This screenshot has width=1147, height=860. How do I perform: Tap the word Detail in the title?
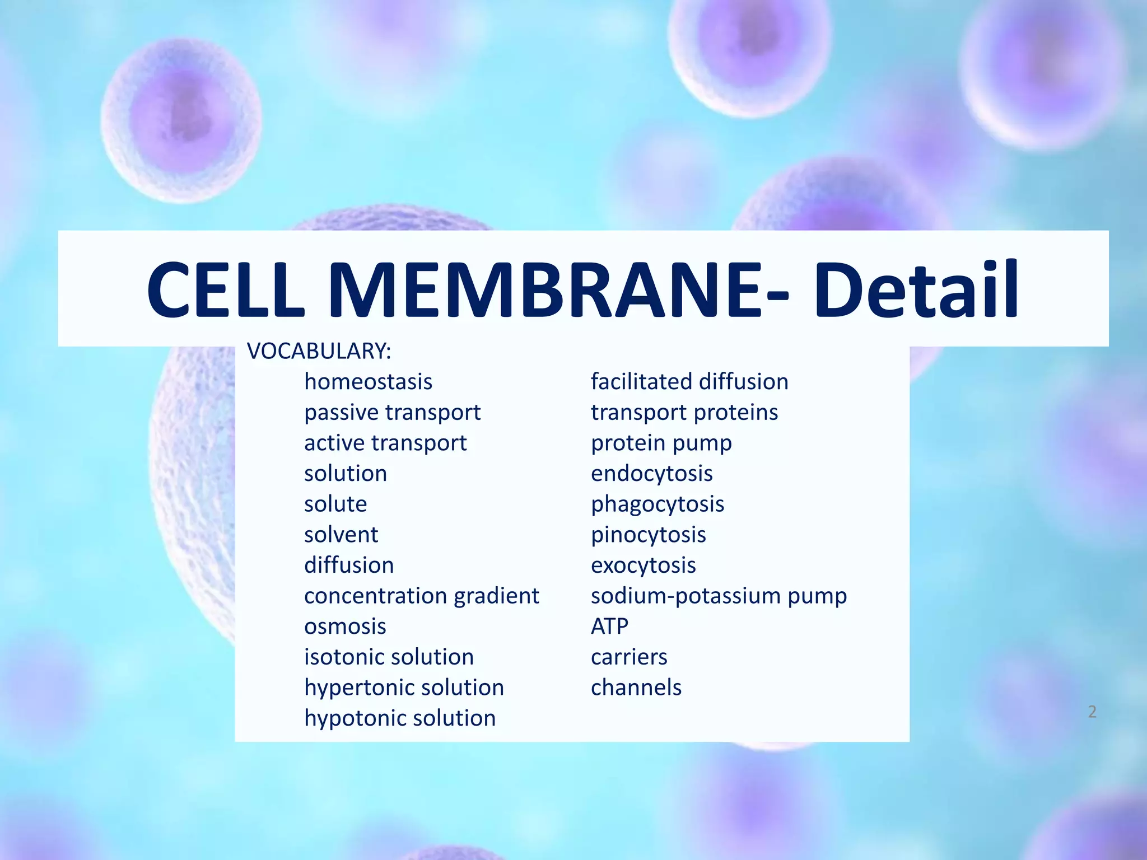coord(915,290)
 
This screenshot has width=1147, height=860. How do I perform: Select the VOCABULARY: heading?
coord(319,352)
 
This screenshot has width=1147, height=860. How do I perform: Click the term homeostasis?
coord(368,382)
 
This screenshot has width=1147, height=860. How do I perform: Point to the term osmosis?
coord(345,626)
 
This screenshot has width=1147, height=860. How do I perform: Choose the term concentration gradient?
coord(421,596)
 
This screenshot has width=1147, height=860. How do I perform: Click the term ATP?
coord(609,626)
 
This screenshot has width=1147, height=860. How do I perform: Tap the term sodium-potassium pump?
coord(719,596)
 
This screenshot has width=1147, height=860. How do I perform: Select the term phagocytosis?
coord(658,504)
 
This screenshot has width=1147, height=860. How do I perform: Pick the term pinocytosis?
coord(649,535)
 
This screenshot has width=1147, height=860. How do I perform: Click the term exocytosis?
coord(644,565)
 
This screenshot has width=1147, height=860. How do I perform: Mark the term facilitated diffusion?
coord(689,382)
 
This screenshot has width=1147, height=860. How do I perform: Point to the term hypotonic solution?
coord(400,718)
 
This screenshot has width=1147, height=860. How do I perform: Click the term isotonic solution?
coord(389,657)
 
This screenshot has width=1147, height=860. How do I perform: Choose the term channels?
coord(636,688)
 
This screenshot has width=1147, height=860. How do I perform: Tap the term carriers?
coord(629,657)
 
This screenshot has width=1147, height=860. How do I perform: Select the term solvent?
coord(341,535)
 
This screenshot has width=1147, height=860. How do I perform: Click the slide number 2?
coord(1092,712)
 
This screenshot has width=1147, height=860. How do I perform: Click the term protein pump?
coord(661,443)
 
